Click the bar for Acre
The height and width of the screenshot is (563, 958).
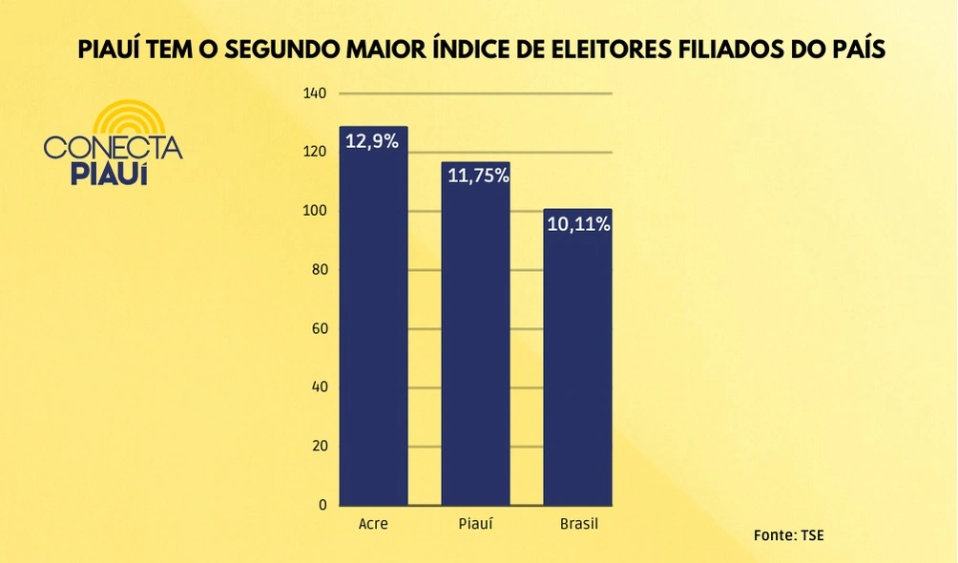373,324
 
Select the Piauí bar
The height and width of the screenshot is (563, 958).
475,344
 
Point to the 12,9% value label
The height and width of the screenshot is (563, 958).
373,142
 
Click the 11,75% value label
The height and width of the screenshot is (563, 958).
475,177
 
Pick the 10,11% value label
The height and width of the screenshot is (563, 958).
578,225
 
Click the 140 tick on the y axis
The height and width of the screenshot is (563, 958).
315,94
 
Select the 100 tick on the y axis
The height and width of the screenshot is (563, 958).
315,211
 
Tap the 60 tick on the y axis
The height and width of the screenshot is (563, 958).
319,328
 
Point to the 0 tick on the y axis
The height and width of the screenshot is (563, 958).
323,505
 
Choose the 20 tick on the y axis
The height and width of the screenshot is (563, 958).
319,446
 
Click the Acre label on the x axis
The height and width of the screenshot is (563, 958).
372,525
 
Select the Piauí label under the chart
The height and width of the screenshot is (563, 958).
475,525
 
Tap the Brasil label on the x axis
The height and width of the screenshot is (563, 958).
577,525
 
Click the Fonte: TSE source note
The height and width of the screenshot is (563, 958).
788,534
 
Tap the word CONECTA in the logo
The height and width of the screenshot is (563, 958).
113,148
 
